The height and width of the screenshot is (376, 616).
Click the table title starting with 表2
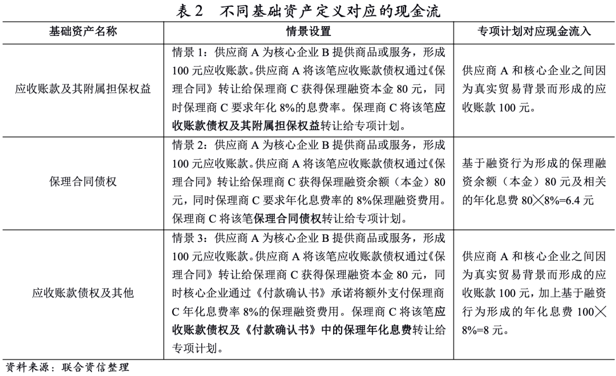pyautogui.click(x=309, y=11)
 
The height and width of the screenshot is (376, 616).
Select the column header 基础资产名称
pyautogui.click(x=83, y=31)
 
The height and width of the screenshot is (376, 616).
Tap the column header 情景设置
pyautogui.click(x=309, y=31)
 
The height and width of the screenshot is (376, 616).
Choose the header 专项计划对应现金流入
pyautogui.click(x=534, y=31)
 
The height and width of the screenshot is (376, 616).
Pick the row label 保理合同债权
pyautogui.click(x=83, y=181)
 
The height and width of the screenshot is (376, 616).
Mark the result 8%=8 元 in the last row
pyautogui.click(x=484, y=330)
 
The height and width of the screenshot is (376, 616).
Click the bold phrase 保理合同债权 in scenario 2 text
pyautogui.click(x=289, y=219)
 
